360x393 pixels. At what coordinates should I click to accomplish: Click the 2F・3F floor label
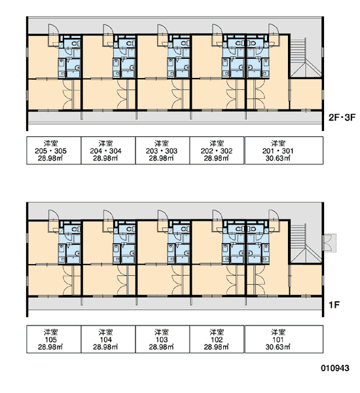point(342,117)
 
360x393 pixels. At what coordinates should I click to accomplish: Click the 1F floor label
point(334,305)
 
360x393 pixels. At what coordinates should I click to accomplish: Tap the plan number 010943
point(335,368)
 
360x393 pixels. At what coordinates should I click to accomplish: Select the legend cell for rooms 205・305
point(54,151)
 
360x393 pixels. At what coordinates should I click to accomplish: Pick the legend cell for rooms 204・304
point(108,151)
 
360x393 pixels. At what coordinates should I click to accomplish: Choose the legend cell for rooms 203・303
point(162,151)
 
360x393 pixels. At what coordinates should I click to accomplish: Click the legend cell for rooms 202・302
point(217,151)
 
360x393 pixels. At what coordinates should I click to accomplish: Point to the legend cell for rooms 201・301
point(284,151)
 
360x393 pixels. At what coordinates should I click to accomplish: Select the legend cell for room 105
point(54,339)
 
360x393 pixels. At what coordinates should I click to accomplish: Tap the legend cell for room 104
point(108,339)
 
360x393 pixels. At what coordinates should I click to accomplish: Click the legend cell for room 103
point(162,339)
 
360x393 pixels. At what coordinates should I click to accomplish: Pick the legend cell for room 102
point(217,339)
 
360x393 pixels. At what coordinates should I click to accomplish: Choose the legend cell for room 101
point(284,339)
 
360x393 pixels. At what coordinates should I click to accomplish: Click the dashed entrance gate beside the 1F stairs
point(330,242)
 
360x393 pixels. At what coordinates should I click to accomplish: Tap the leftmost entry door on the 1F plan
point(54,215)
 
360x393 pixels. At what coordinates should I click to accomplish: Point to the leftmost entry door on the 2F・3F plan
point(54,29)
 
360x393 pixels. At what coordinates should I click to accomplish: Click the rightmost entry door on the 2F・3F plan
point(274,29)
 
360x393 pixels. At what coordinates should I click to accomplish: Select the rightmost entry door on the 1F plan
point(274,215)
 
